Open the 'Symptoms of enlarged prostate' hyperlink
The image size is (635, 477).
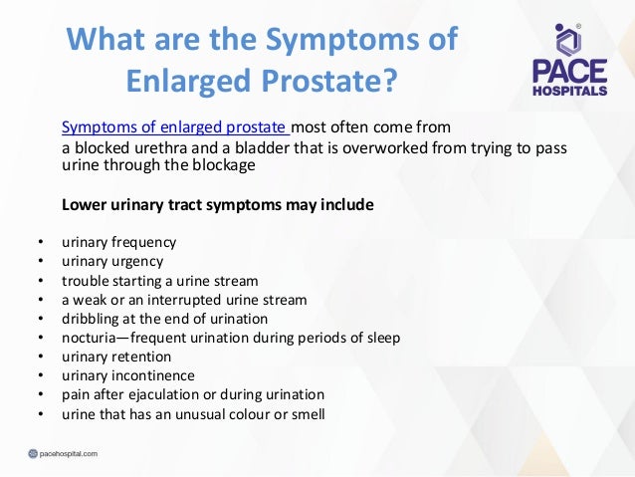pyautogui.click(x=175, y=127)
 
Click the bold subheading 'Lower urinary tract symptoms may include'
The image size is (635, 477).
pyautogui.click(x=218, y=205)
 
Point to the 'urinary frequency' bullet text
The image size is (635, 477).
pyautogui.click(x=119, y=242)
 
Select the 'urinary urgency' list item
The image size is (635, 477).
pyautogui.click(x=112, y=261)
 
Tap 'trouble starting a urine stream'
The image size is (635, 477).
pyautogui.click(x=159, y=281)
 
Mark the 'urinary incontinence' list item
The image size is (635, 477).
pyautogui.click(x=127, y=375)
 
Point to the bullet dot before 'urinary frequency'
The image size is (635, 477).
pyautogui.click(x=39, y=242)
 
